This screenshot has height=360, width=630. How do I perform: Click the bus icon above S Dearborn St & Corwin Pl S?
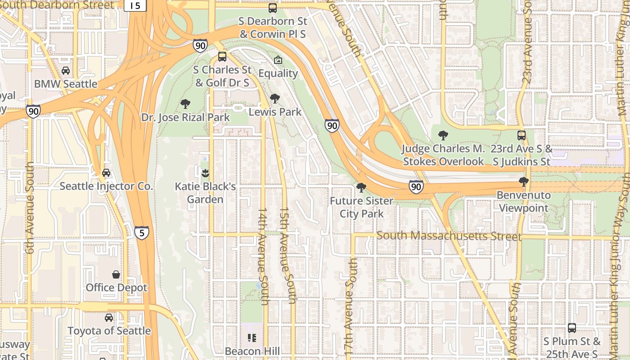[273, 8]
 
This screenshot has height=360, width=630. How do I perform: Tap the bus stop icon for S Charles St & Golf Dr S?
[222, 57]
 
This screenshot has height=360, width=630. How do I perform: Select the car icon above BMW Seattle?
[66, 71]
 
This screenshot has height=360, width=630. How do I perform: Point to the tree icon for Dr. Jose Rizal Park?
[185, 104]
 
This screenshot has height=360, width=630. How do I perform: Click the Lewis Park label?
[275, 112]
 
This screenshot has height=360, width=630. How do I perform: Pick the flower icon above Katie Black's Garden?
[205, 173]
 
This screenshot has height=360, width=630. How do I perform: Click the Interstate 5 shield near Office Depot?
[142, 233]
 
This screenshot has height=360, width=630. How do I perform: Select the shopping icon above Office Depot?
[116, 274]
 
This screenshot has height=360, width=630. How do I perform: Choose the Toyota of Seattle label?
[109, 331]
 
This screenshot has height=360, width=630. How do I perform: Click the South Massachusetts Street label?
[449, 236]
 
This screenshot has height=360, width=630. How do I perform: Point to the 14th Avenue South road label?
[263, 256]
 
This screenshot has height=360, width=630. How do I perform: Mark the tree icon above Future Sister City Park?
[361, 188]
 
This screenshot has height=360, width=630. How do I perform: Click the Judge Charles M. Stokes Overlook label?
[443, 155]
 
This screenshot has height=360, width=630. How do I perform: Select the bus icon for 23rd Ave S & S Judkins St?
[522, 135]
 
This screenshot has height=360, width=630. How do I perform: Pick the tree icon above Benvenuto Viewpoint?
[523, 182]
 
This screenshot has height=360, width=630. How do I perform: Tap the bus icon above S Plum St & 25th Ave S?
[571, 328]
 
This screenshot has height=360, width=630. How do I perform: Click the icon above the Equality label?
[278, 60]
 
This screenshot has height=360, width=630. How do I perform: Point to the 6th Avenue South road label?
[30, 208]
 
